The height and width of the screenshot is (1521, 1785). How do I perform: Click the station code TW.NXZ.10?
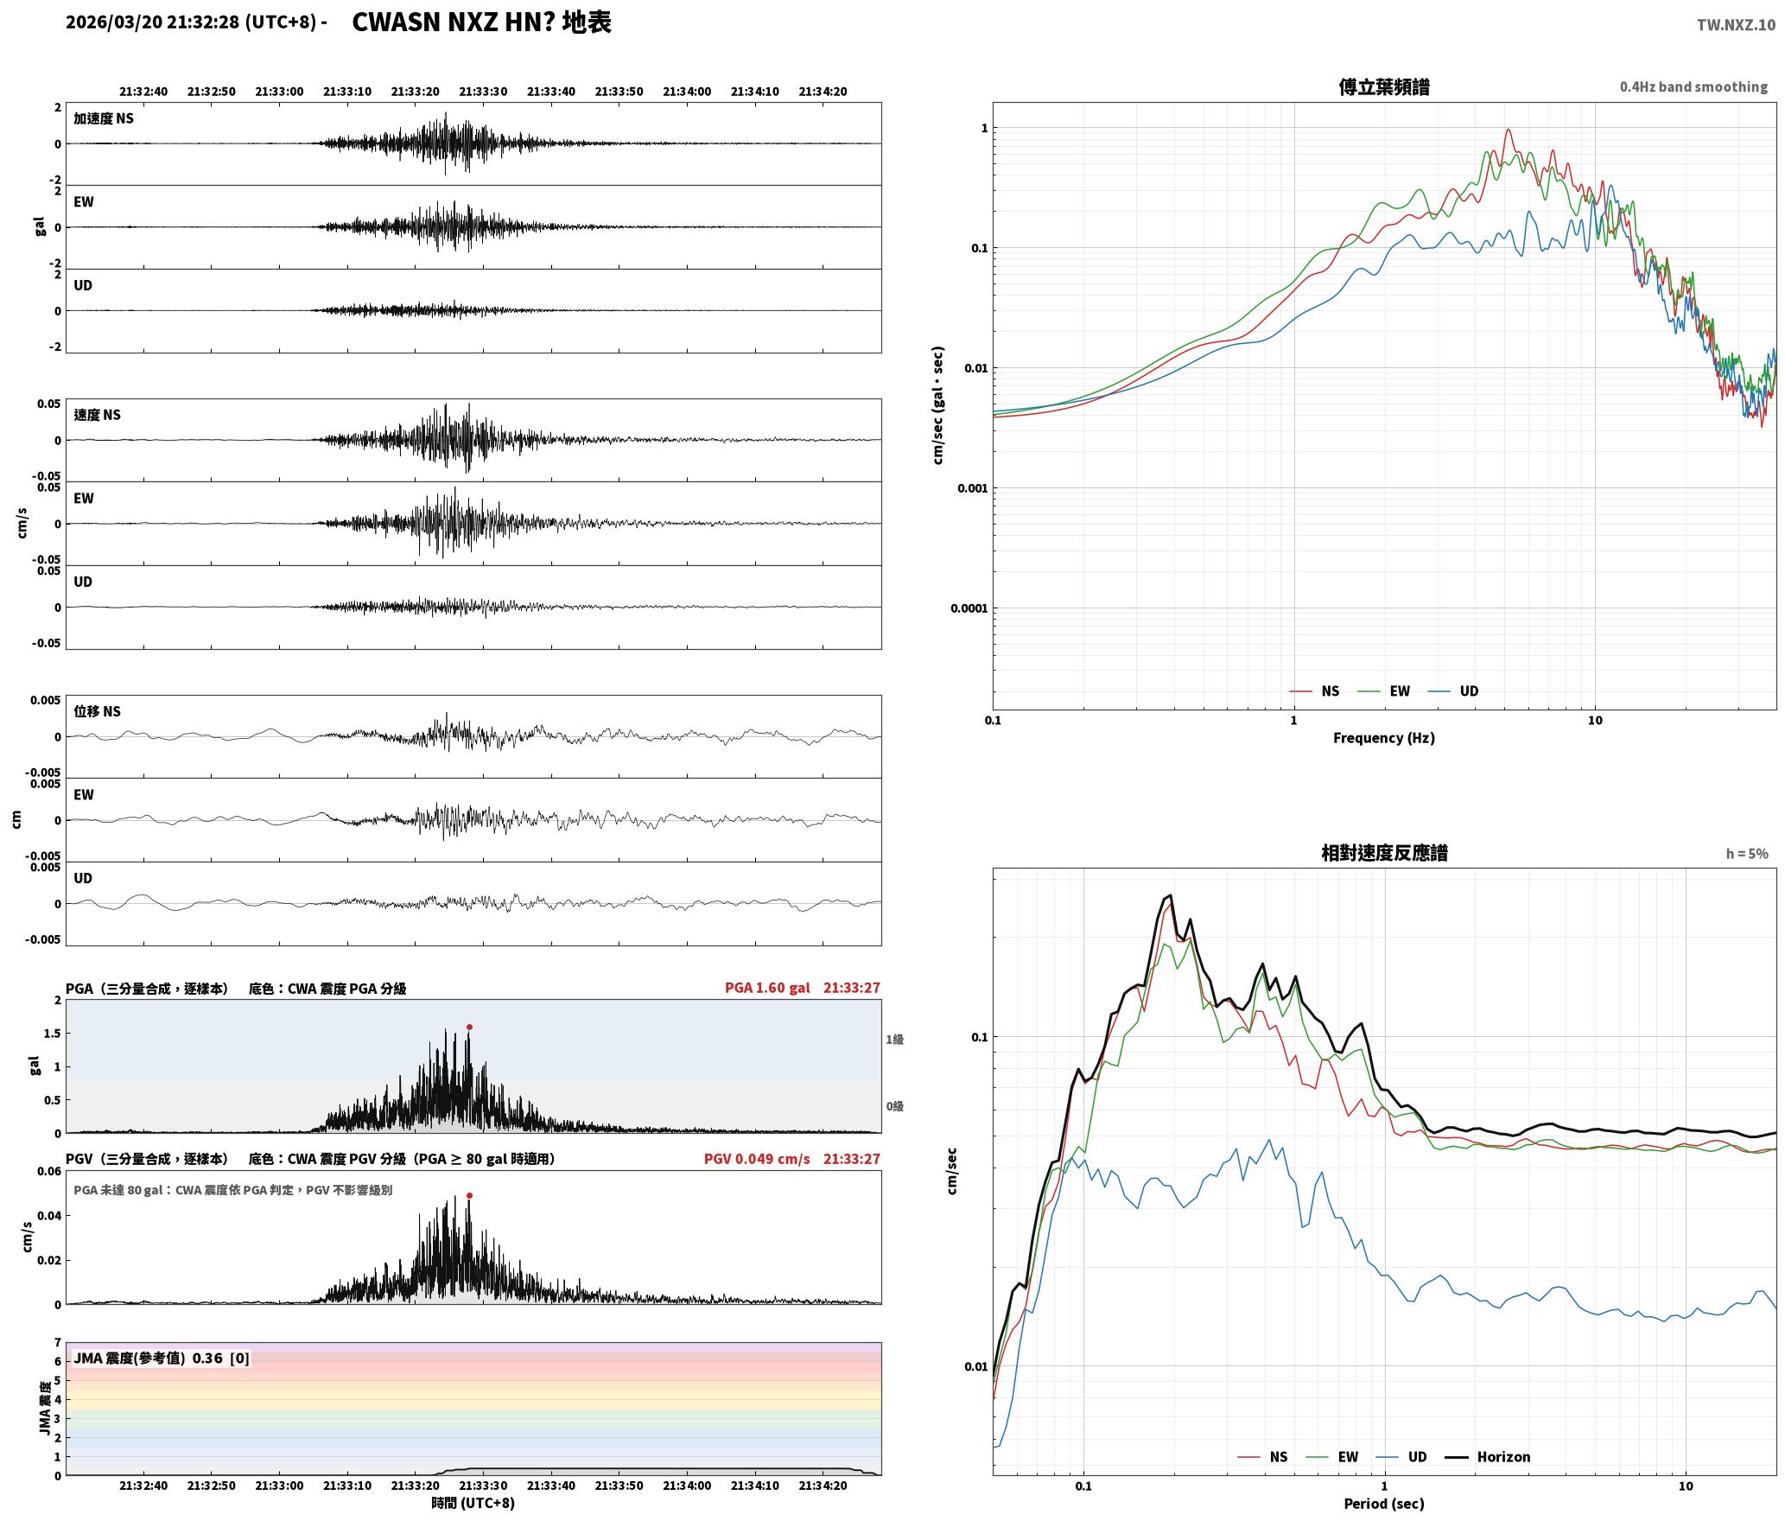click(x=1736, y=25)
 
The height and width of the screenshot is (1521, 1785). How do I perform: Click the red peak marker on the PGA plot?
click(x=469, y=1028)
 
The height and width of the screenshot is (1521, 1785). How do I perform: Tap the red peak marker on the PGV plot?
click(x=469, y=1196)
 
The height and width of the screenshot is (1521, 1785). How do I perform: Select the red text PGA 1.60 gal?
click(x=767, y=988)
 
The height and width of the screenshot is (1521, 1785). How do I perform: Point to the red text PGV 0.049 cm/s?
click(x=757, y=1159)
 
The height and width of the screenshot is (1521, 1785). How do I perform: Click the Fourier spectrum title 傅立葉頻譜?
click(x=1383, y=86)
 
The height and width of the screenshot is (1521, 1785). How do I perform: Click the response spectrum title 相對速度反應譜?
click(x=1384, y=853)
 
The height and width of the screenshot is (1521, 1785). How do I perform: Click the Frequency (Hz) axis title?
click(x=1383, y=738)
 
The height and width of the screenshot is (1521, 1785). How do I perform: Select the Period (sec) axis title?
click(x=1383, y=1504)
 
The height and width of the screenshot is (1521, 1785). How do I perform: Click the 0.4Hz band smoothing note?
click(x=1693, y=87)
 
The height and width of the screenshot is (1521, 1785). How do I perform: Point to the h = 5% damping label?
click(x=1747, y=854)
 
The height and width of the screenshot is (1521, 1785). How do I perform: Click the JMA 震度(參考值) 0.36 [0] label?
click(x=162, y=1359)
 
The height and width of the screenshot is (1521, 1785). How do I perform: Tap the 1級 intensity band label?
click(x=894, y=1040)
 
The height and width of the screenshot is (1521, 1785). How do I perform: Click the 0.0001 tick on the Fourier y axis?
click(x=969, y=608)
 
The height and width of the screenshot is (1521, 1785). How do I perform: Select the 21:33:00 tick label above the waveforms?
click(x=279, y=92)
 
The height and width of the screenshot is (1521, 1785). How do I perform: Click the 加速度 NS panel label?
click(x=104, y=118)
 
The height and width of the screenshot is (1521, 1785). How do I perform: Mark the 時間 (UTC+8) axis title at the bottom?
click(x=473, y=1504)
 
